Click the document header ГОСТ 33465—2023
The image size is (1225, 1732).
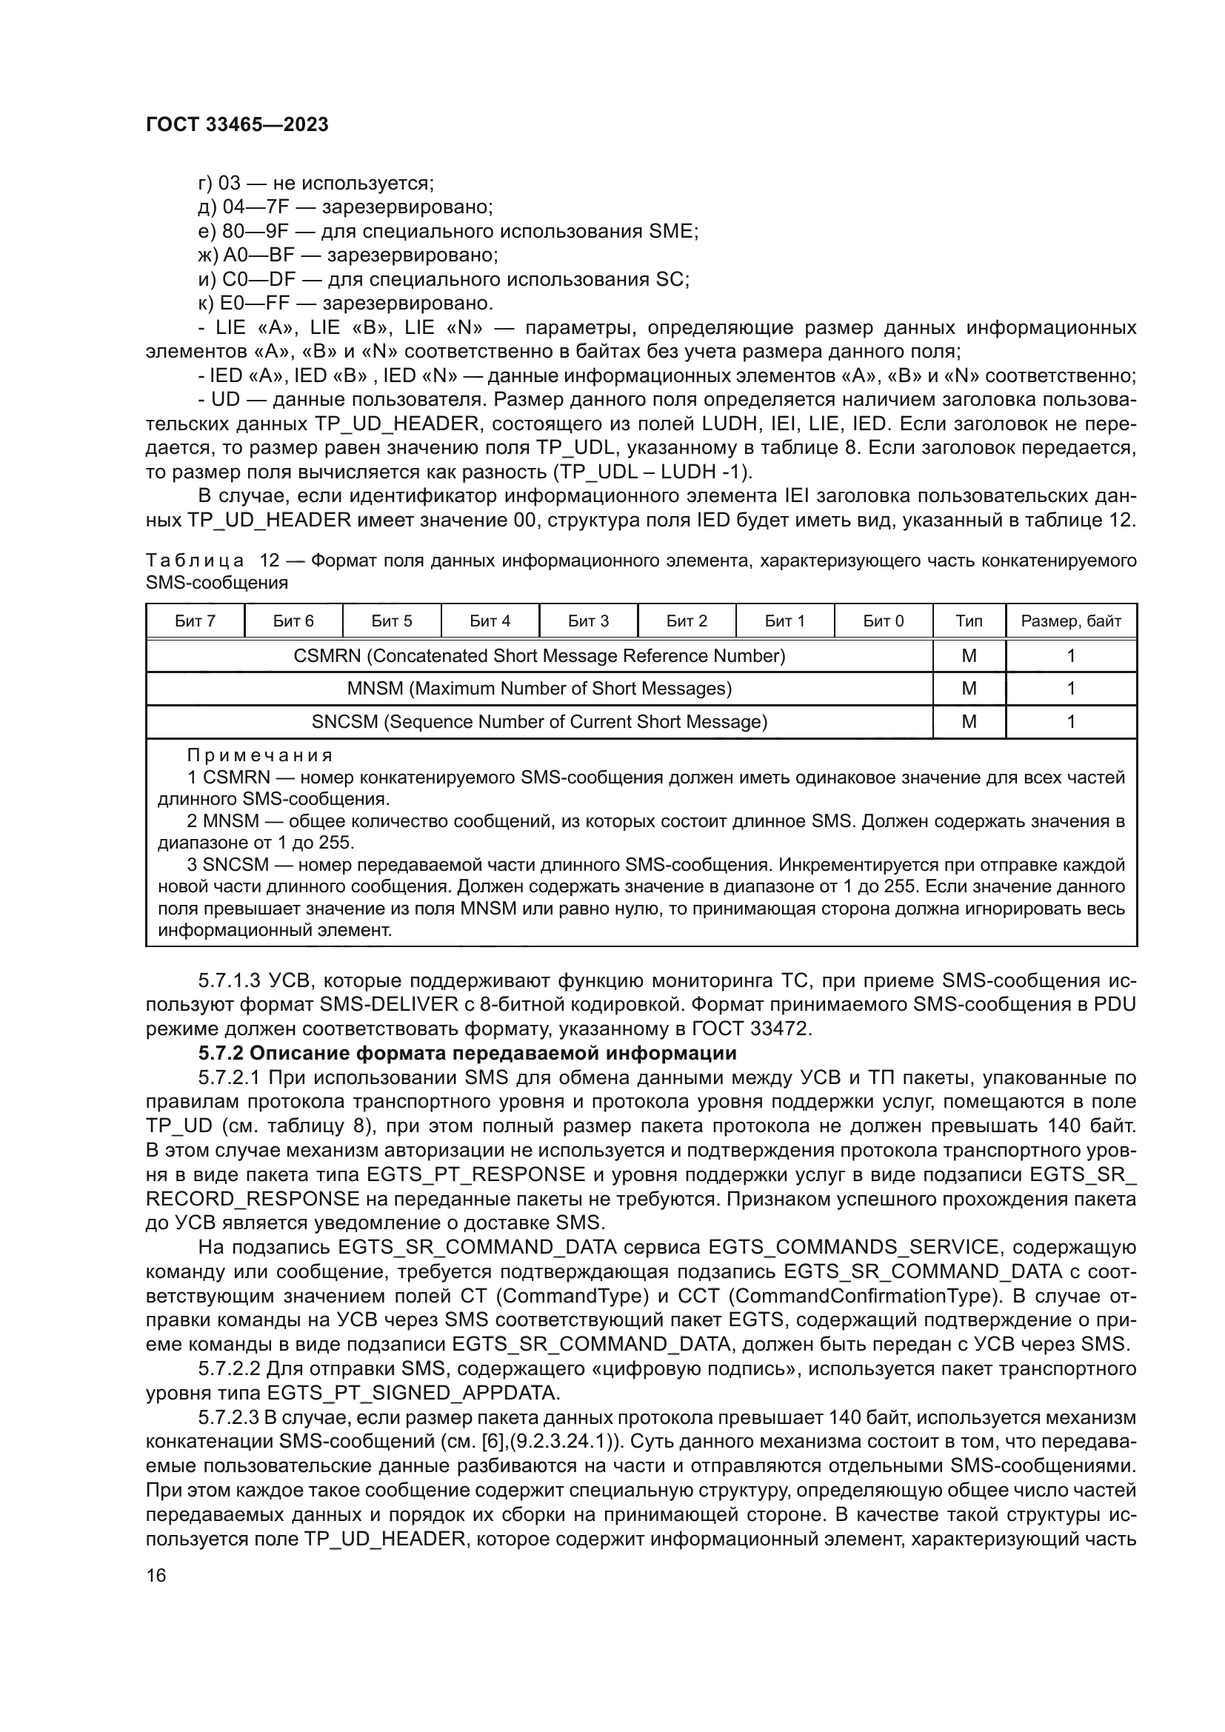[237, 125]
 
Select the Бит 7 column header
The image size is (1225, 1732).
[196, 621]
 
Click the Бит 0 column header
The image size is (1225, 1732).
[884, 621]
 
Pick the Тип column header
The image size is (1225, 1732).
[969, 621]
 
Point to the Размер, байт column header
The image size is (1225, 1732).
[1070, 621]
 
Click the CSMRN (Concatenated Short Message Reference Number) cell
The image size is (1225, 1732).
[539, 655]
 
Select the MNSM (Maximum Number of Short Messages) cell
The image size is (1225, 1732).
[539, 689]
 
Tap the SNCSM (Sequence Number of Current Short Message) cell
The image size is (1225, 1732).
[539, 722]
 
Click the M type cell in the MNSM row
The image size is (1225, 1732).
[969, 689]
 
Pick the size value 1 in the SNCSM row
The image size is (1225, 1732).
[1070, 722]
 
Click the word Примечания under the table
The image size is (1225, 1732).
[259, 755]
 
